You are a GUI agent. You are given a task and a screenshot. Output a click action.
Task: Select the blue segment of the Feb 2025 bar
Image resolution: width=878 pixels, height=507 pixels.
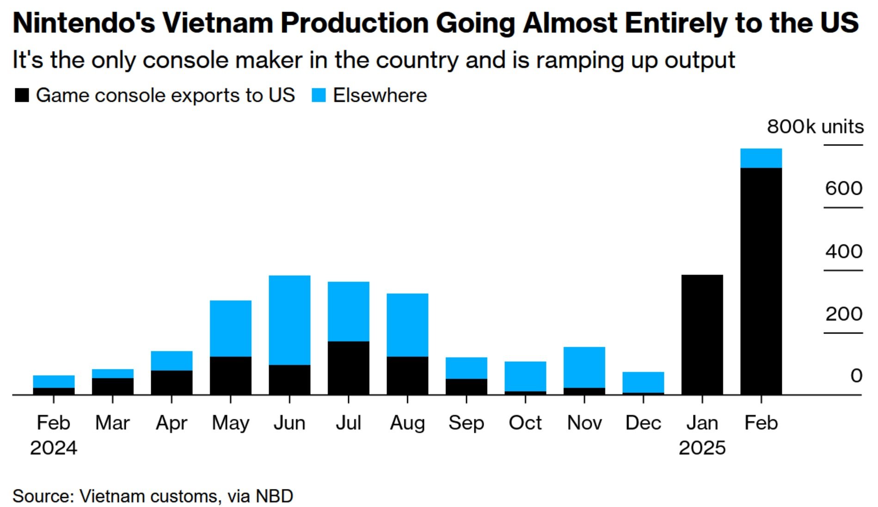coord(761,158)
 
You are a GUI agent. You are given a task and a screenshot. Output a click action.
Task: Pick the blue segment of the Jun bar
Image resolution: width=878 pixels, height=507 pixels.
coord(289,320)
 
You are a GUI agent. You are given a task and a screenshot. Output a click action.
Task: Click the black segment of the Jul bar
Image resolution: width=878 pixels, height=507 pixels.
coord(348,368)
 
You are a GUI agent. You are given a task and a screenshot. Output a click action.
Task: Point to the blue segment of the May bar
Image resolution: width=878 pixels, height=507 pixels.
coord(230,328)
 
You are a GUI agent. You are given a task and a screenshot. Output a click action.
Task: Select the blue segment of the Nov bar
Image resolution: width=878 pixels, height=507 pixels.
coord(584,367)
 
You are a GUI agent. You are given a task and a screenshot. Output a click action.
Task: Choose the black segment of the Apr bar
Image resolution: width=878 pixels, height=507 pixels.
coord(172,382)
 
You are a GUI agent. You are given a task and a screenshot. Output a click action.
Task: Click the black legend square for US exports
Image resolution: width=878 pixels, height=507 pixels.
coord(22,95)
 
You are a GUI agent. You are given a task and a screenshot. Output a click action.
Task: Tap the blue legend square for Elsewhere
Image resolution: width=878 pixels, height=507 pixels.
coord(319,95)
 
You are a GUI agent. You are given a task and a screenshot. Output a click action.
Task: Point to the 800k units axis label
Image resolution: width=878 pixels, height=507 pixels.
coord(815,126)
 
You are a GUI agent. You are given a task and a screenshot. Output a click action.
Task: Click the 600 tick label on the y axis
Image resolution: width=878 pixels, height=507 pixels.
coord(843,188)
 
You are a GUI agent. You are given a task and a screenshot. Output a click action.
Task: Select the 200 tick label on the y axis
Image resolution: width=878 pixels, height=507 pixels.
coord(843,314)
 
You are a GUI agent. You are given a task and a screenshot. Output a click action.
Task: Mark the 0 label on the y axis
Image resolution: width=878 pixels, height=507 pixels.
coord(856,376)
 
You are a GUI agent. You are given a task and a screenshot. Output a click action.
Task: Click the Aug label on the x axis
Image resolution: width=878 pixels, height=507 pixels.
coord(407,423)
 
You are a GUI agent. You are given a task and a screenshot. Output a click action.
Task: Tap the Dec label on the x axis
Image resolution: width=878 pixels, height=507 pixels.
coord(643,423)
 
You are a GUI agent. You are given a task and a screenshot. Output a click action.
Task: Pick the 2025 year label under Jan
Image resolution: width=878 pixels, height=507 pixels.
coord(702,448)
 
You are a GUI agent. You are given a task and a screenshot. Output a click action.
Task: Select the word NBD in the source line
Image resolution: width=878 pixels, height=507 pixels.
coord(274,496)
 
